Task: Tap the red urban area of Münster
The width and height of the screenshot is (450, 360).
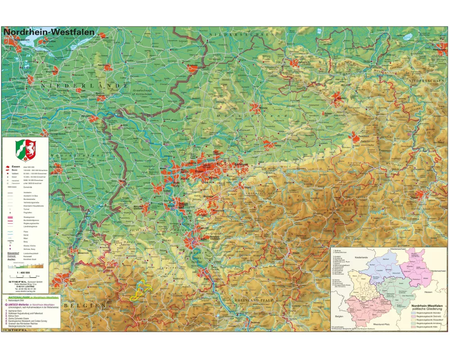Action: point(256,108)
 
